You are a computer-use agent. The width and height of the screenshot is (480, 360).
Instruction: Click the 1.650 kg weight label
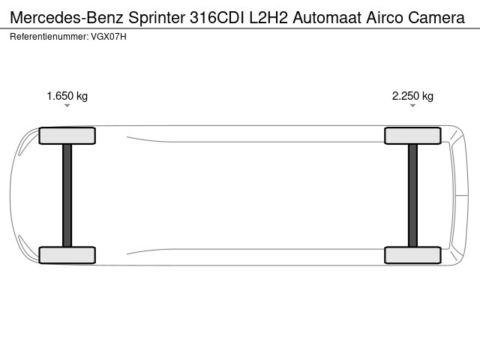pos(67,96)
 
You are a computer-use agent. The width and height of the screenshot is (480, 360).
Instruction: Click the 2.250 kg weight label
pos(412,96)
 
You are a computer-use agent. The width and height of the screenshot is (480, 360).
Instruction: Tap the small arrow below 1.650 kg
pos(67,106)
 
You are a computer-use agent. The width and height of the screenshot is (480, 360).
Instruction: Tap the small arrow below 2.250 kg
pos(412,106)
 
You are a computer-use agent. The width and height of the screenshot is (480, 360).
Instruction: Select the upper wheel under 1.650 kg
pos(67,136)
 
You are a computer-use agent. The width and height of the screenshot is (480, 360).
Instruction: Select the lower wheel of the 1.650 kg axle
pos(67,255)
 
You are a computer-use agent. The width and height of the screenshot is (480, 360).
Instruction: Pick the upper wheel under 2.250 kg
pos(412,136)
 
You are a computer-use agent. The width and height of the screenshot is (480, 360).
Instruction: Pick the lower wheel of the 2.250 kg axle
pos(412,255)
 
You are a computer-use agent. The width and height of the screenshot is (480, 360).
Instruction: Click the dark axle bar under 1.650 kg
pos(67,195)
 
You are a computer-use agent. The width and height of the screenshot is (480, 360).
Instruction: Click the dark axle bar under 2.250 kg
pos(412,195)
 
